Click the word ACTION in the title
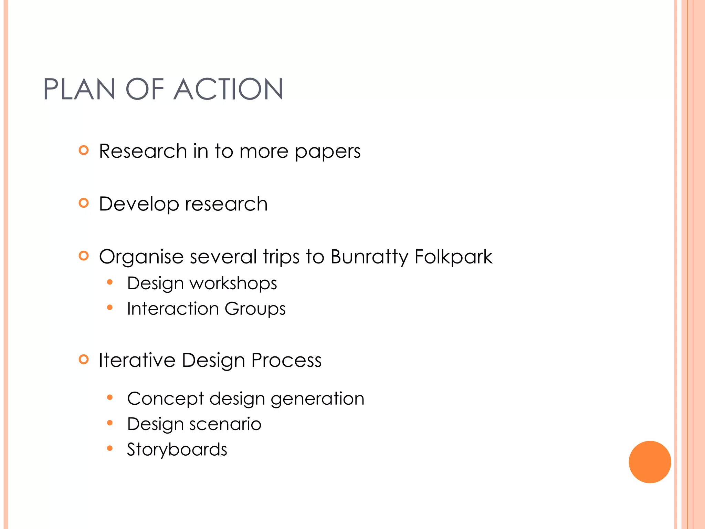point(228,89)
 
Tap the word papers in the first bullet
point(328,152)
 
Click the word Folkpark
point(453,257)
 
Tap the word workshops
point(233,283)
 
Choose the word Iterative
point(137,360)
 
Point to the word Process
point(286,360)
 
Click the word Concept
point(166,399)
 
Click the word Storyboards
point(177,449)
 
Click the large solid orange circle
point(650,462)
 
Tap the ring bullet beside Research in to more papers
point(84,150)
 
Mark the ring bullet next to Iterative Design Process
point(84,360)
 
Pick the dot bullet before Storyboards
point(110,448)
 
